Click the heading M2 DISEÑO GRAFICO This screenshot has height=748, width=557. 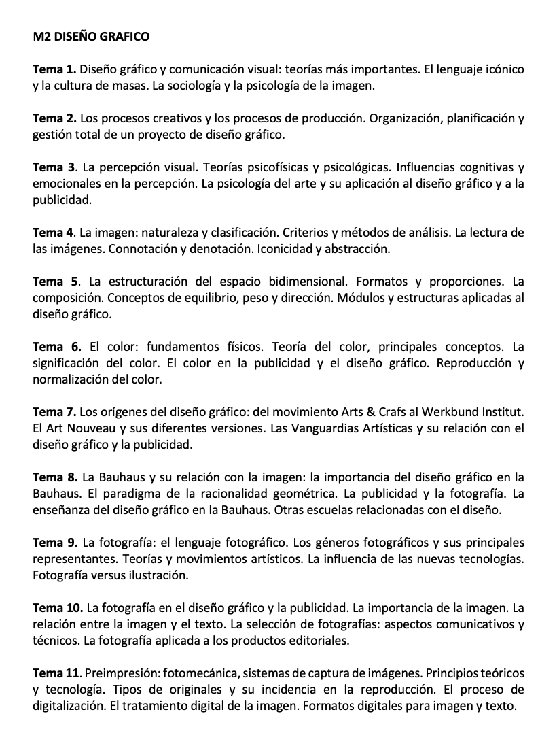tap(91, 36)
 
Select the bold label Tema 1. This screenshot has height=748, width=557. tap(56, 69)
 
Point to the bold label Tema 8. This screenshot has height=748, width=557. tap(56, 476)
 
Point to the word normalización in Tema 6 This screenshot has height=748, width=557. tap(73, 379)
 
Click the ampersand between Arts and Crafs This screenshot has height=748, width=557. tap(367, 412)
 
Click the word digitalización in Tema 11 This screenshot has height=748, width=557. tap(73, 706)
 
